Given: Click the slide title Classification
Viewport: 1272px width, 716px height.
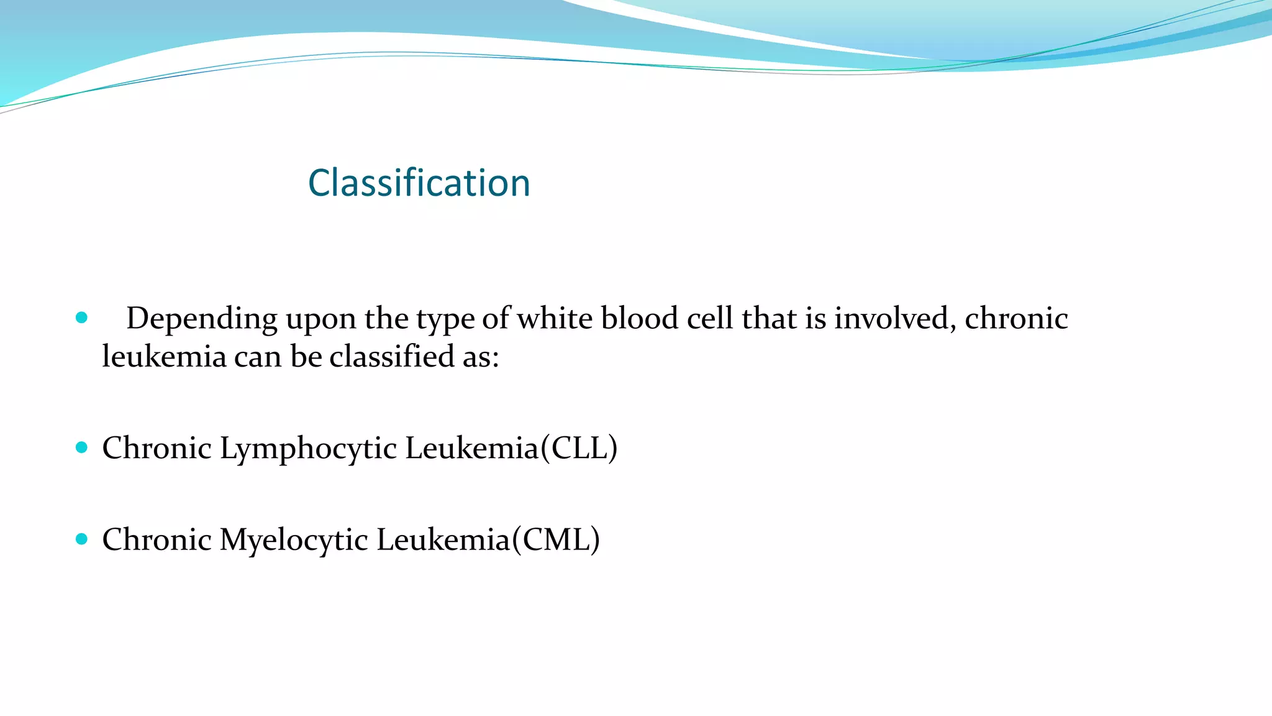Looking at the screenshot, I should (x=419, y=183).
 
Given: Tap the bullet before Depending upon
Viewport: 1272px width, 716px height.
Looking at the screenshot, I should (x=81, y=318).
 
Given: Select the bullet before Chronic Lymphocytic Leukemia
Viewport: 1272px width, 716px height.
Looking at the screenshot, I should (x=81, y=447).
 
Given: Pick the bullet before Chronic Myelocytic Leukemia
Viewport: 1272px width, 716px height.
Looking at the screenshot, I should (x=81, y=539).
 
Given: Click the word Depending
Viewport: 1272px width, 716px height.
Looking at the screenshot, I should (x=202, y=319).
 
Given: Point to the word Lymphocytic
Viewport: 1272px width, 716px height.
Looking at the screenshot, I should (x=308, y=449).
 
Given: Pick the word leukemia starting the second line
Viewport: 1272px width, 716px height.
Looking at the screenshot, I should (x=164, y=357).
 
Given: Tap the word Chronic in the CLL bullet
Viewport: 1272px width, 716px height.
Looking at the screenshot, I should (x=157, y=448).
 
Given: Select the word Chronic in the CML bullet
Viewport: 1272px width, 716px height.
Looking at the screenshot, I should (x=157, y=539).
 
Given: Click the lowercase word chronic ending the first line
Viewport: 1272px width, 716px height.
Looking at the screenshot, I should (x=1016, y=318).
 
